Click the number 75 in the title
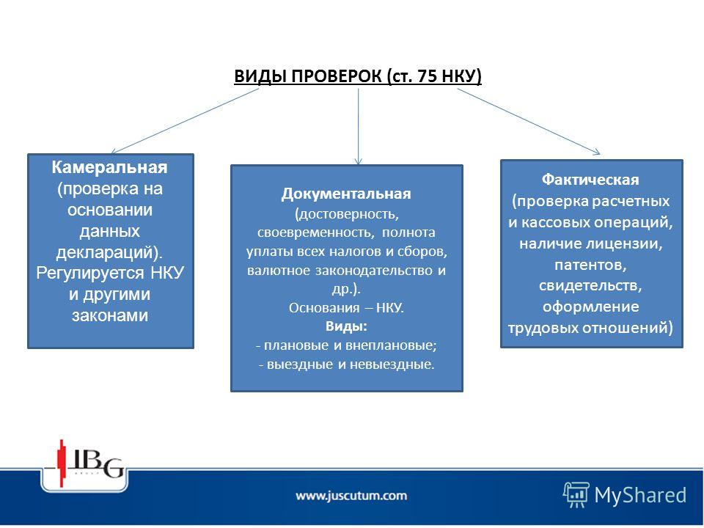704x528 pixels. (x=427, y=76)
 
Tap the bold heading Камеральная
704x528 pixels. (x=109, y=167)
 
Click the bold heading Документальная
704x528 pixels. (x=346, y=194)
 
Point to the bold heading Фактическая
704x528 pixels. (x=590, y=180)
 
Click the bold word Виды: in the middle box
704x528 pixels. (x=346, y=326)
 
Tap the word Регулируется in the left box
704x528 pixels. (x=89, y=274)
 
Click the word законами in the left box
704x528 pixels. (x=110, y=315)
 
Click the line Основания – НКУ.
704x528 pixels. (x=346, y=308)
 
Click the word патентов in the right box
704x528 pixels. (x=590, y=265)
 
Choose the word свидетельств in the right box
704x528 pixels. (x=590, y=286)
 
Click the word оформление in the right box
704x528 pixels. (x=591, y=307)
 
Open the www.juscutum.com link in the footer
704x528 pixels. (x=351, y=496)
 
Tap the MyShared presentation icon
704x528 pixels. (x=576, y=495)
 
